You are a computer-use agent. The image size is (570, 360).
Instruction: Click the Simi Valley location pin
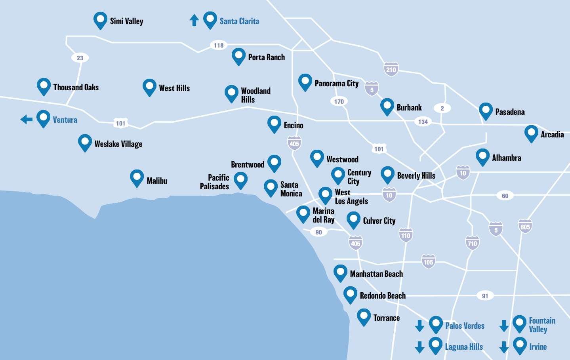point(100,20)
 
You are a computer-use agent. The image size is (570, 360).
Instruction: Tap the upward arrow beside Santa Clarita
point(194,20)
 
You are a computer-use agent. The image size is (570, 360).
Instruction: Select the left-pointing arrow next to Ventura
point(27,119)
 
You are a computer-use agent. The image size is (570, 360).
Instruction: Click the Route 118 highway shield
point(219,45)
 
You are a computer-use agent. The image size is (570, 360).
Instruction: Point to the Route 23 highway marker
point(80,58)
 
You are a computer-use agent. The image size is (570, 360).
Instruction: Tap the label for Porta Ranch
point(266,57)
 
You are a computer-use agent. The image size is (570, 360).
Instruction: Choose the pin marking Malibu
point(137,178)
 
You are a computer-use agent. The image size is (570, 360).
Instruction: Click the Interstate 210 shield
point(391,69)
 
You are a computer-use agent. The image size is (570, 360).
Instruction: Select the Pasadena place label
point(510,112)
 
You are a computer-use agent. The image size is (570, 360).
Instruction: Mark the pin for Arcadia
point(531,133)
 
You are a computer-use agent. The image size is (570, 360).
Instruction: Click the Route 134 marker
point(423,122)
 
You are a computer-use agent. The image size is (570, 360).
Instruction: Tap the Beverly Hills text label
point(416,176)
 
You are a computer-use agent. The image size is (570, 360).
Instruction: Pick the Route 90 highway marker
point(319,232)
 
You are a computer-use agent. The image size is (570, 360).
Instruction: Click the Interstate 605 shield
point(525,227)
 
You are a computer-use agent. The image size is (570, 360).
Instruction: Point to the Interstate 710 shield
point(472,243)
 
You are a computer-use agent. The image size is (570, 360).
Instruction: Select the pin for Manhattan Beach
point(340,272)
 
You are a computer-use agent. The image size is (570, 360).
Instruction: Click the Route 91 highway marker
point(485,296)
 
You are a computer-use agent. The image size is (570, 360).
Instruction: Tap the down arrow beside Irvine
point(504,347)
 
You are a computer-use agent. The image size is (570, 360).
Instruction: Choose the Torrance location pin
point(364,316)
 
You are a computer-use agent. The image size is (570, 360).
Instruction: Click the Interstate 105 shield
point(428,262)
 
